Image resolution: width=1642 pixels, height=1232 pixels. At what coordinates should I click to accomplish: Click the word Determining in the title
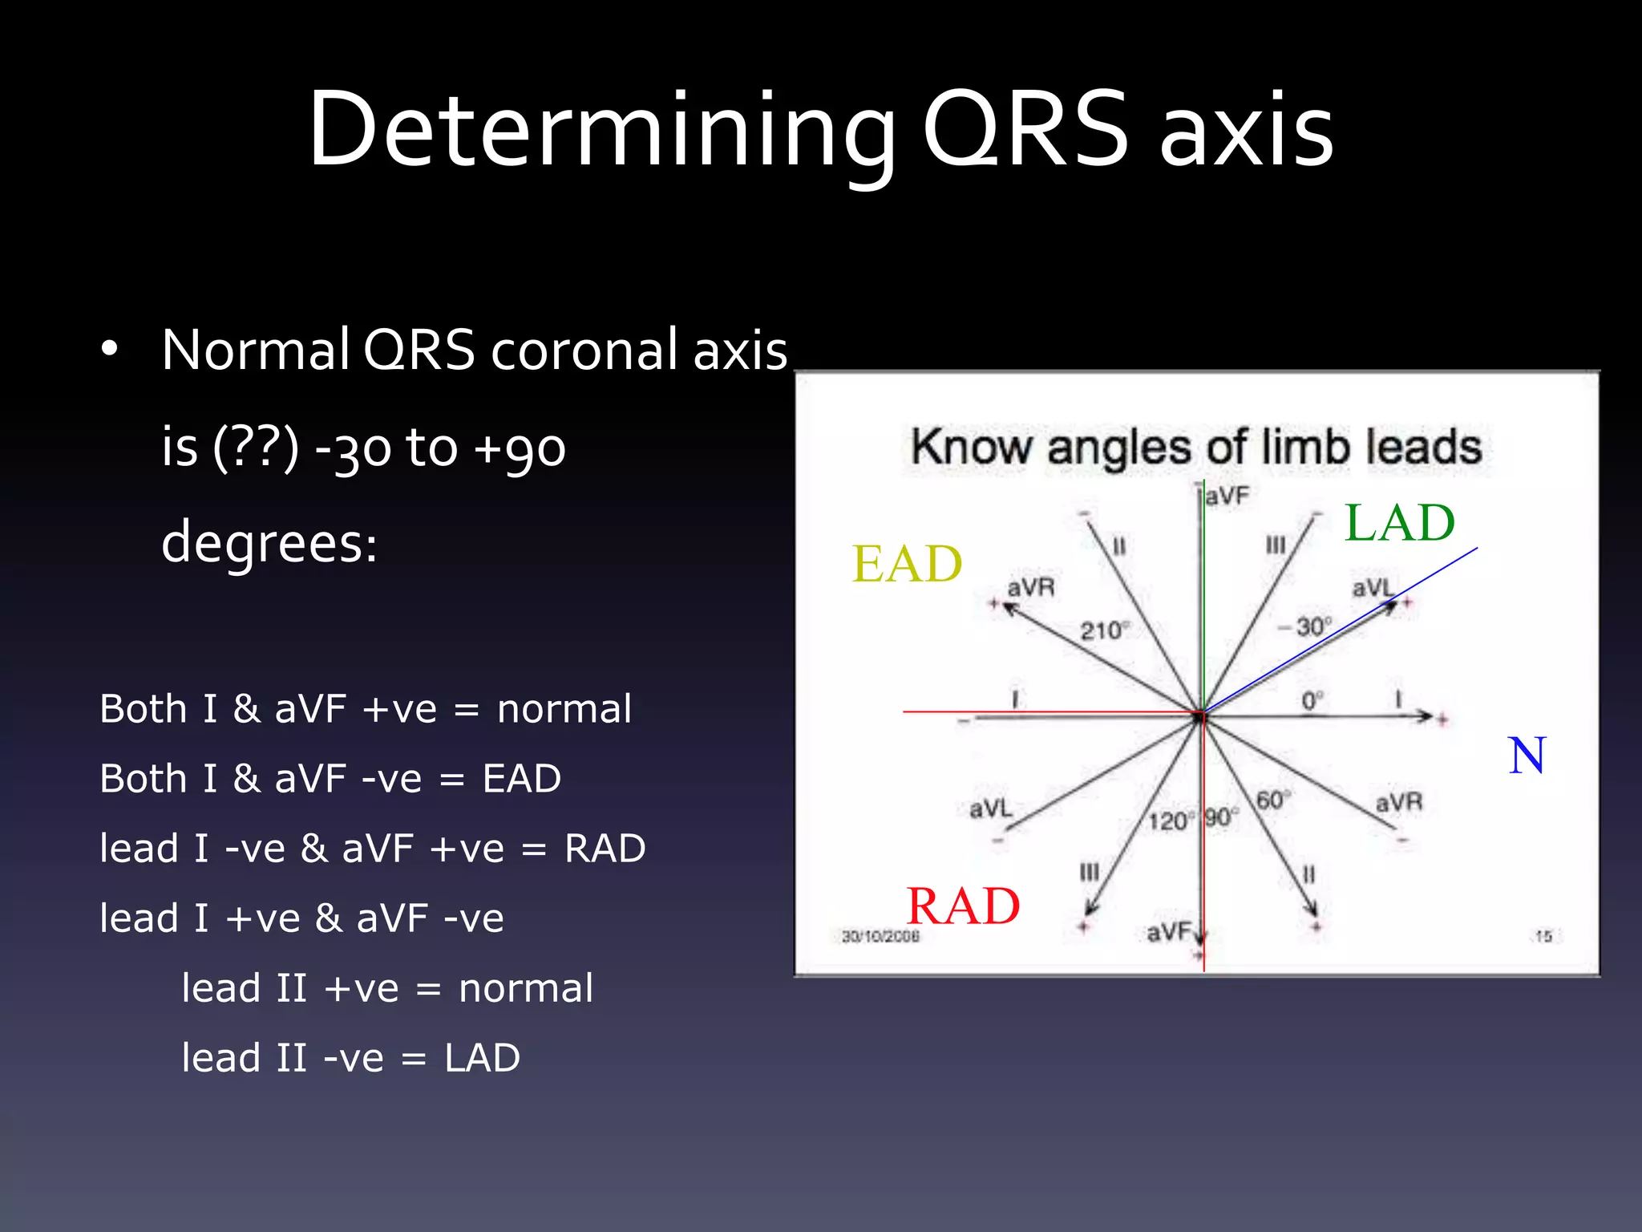601,130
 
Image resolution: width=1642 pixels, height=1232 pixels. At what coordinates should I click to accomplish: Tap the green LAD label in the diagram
1399,523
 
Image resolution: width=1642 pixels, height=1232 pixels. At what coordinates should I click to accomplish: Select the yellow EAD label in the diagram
907,564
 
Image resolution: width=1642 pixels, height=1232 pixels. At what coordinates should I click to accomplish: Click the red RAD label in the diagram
963,906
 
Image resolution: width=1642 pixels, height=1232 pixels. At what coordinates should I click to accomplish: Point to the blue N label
1527,756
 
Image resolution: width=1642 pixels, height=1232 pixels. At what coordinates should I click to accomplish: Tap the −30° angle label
1305,626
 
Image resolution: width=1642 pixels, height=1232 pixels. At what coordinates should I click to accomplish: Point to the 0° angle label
1312,700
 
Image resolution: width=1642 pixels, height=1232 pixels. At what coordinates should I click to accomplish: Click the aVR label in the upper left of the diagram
1031,588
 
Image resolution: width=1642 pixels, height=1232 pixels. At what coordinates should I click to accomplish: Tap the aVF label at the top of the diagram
1227,496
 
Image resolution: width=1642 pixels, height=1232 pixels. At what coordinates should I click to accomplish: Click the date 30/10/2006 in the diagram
880,936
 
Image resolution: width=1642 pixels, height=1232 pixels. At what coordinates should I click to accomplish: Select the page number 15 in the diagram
1543,936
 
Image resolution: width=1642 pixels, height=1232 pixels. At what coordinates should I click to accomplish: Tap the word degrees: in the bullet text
269,543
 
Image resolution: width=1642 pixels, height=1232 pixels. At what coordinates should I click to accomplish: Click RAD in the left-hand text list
605,849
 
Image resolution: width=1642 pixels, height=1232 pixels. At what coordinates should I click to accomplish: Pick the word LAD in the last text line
482,1058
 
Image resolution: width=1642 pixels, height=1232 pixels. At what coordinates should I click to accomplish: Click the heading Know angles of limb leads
1196,447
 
